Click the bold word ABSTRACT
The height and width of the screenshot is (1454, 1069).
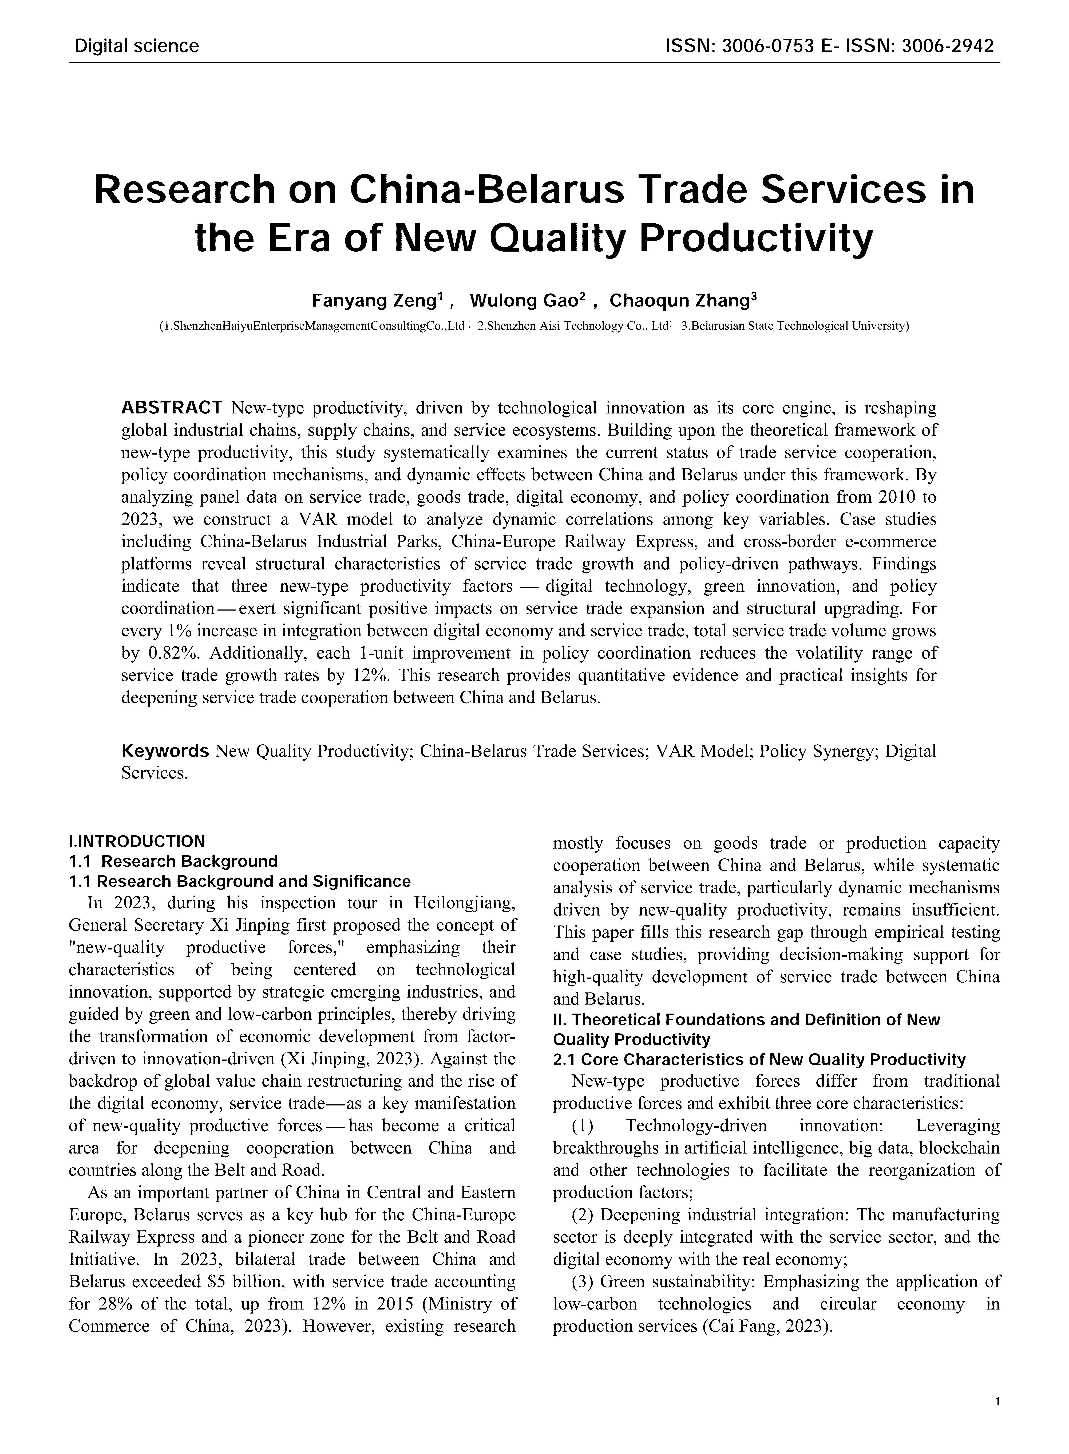pyautogui.click(x=172, y=408)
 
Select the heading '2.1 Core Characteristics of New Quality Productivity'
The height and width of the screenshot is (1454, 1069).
pyautogui.click(x=759, y=1060)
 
